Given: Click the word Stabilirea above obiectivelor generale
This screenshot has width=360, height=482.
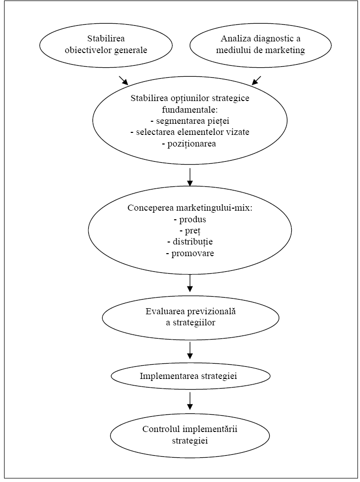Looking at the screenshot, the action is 106,39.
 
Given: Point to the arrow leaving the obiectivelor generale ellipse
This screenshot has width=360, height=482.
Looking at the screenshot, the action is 123,80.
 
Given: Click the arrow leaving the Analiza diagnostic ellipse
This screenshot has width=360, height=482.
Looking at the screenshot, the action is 256,80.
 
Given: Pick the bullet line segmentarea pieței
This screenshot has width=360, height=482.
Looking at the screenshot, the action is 190,121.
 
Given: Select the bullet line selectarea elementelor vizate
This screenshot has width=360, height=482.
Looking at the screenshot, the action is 190,132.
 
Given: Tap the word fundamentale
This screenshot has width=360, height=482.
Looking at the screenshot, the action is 190,110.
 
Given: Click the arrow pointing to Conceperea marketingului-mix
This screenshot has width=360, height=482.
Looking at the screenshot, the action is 190,177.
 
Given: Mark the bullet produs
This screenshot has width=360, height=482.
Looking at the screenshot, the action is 190,219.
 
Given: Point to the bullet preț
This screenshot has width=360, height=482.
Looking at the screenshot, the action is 190,231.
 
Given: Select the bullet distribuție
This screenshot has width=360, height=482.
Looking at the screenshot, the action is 190,242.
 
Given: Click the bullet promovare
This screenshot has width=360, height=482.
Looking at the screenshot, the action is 190,254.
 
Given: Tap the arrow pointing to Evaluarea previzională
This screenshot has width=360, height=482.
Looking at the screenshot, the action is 190,283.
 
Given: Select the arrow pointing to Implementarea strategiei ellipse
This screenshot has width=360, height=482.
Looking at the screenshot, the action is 190,350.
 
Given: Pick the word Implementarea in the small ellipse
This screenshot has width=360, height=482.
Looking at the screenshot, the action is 165,376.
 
